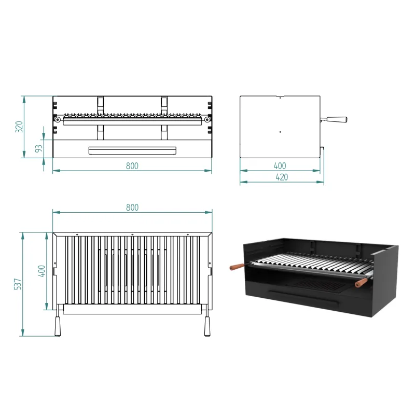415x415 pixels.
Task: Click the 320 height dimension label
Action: point(19,127)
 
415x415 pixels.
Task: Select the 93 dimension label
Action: point(39,148)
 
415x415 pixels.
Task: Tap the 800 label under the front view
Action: point(132,166)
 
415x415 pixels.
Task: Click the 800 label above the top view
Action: point(132,208)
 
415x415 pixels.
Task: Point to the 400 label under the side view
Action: point(280,166)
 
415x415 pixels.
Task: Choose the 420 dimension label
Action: point(282,177)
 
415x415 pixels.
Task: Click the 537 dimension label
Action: point(18,284)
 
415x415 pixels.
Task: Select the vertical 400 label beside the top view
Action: point(42,271)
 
